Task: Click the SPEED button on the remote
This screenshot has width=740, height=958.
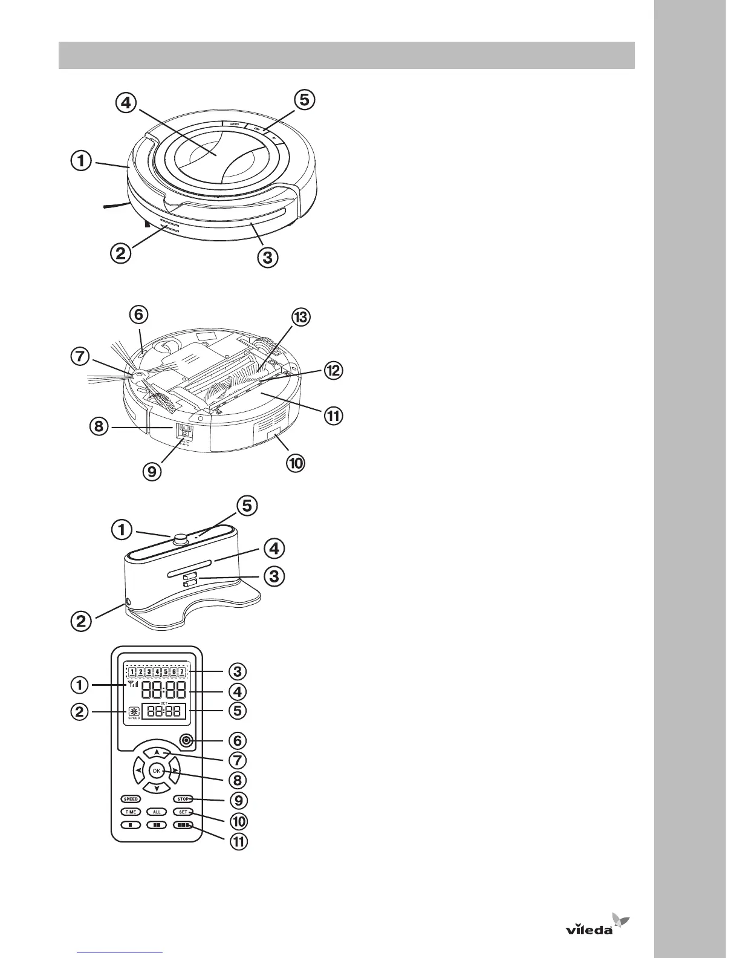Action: pyautogui.click(x=131, y=799)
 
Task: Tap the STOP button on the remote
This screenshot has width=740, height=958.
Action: pyautogui.click(x=183, y=799)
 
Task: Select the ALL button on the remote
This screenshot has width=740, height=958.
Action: pyautogui.click(x=157, y=812)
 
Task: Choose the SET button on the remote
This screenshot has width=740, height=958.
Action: pyautogui.click(x=183, y=812)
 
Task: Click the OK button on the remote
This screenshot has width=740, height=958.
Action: pyautogui.click(x=157, y=771)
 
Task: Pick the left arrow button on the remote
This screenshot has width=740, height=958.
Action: pyautogui.click(x=138, y=771)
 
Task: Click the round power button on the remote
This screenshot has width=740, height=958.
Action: pyautogui.click(x=186, y=740)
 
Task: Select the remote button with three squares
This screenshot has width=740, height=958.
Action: pyautogui.click(x=183, y=824)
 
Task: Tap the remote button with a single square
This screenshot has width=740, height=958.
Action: pyautogui.click(x=131, y=824)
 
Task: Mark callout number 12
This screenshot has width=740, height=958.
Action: pyautogui.click(x=332, y=370)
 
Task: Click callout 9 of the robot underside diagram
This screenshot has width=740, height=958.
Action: pyautogui.click(x=152, y=471)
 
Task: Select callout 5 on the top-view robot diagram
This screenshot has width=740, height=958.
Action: pyautogui.click(x=305, y=99)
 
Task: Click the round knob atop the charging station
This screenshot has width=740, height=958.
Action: pyautogui.click(x=179, y=539)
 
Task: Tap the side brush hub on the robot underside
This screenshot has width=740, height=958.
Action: pyautogui.click(x=139, y=376)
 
